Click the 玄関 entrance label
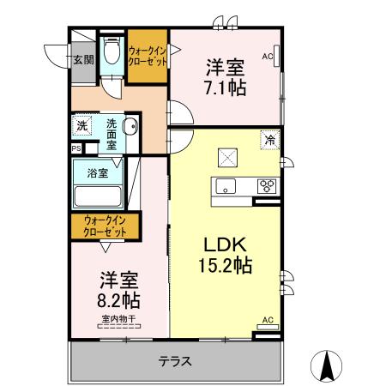[82, 60]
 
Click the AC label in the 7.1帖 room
[268, 57]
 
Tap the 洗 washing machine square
[81, 126]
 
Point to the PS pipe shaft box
[75, 148]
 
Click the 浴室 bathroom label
[97, 172]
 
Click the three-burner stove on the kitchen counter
[267, 185]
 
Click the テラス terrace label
[174, 361]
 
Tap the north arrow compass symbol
[327, 366]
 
